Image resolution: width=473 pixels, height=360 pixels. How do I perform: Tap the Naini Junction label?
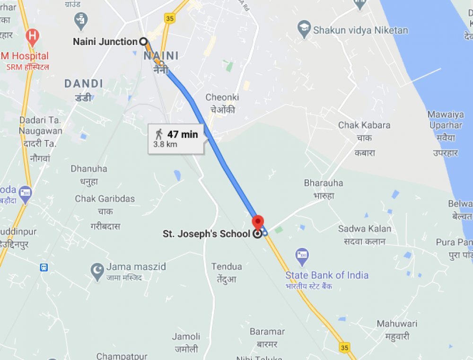coord(105,42)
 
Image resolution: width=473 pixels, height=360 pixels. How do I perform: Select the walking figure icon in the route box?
coord(158,134)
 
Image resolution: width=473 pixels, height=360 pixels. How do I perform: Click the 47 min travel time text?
coord(183,134)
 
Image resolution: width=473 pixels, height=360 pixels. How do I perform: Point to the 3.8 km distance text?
coord(165,144)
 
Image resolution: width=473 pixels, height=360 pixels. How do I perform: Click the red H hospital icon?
coord(32,35)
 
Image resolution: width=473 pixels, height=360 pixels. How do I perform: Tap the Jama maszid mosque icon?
coord(97,270)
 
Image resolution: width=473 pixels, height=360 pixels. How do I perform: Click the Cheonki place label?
coord(222,97)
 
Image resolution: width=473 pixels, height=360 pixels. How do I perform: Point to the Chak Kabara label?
coord(364,125)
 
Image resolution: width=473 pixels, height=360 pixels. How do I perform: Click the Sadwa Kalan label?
coord(365,229)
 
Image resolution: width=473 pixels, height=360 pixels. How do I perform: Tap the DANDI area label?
coord(84,84)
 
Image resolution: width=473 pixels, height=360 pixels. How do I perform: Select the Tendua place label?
coord(227,267)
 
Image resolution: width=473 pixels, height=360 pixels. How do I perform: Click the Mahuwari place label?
coord(397,324)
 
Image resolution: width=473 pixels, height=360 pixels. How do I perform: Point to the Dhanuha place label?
coord(89,169)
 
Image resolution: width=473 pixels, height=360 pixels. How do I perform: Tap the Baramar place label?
coord(267,332)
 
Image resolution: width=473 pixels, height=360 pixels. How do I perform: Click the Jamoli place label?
coord(185,336)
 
